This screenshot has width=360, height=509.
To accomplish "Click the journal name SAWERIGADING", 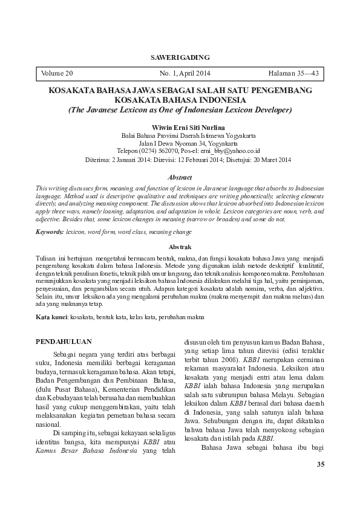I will tap(180, 57).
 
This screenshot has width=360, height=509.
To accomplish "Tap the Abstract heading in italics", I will tap(180, 178).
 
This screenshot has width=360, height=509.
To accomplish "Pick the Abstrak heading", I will tap(180, 247).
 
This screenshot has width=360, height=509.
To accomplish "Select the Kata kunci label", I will tap(51, 317).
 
